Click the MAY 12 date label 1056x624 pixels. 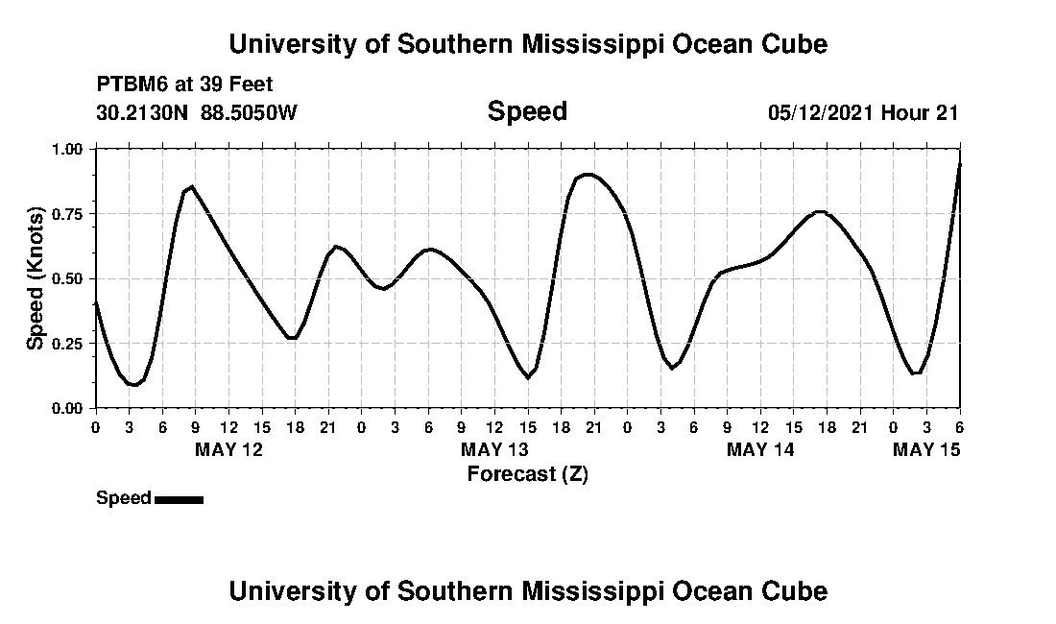coord(228,449)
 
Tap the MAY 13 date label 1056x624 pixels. coord(494,449)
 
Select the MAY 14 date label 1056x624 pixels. coord(760,449)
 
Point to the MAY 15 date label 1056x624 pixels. coord(926,449)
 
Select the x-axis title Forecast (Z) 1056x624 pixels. coord(527,473)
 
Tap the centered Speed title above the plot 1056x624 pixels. coord(527,111)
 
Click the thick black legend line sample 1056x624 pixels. coord(179,499)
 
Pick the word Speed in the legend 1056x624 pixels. coord(124,498)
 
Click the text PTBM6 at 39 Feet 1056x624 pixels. coord(184,84)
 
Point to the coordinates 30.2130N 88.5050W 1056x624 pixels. coord(197,112)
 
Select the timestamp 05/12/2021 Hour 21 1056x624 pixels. coord(863,112)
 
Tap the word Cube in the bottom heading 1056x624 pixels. coord(797,590)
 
